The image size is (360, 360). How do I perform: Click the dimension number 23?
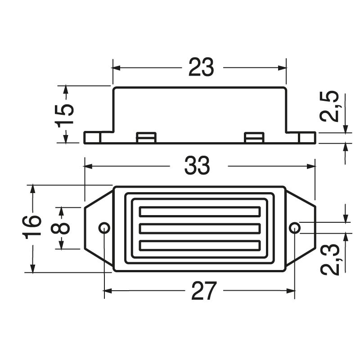[201, 68]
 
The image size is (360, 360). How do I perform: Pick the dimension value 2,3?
[330, 260]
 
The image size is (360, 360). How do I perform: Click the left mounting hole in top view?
[104, 227]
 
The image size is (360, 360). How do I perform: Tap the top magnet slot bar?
[199, 211]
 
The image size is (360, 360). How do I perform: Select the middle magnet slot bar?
[199, 229]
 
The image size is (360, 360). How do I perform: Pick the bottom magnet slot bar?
[199, 245]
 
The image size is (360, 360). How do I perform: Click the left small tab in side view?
[146, 137]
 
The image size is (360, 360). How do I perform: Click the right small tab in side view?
[254, 137]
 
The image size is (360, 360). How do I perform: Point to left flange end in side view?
[92, 137]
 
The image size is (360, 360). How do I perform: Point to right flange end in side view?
[307, 137]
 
